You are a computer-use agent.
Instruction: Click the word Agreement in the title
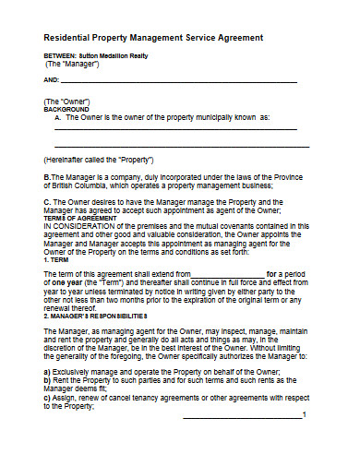[x=236, y=37]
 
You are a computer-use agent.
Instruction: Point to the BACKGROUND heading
[x=68, y=109]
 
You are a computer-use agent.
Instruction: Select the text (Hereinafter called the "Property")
[x=98, y=159]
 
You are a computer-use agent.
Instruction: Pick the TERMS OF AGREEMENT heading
[x=80, y=218]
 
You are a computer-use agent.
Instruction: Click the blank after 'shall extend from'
[x=228, y=275]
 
